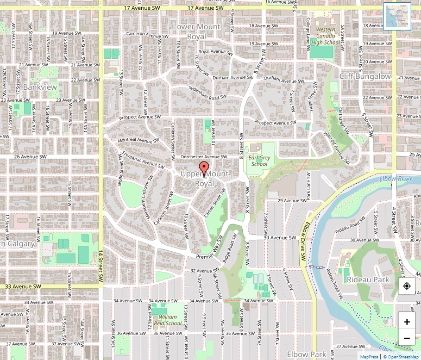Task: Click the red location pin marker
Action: [x=204, y=169]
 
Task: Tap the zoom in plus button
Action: [x=407, y=322]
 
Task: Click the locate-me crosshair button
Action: [x=407, y=287]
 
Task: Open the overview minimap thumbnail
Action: [x=397, y=16]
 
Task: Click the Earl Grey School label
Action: [x=259, y=160]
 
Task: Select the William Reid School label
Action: [x=167, y=320]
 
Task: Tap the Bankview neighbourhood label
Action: [x=40, y=86]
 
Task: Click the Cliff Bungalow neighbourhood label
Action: [x=365, y=77]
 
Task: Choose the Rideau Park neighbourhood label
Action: [x=368, y=280]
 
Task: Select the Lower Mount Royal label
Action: [x=196, y=32]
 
